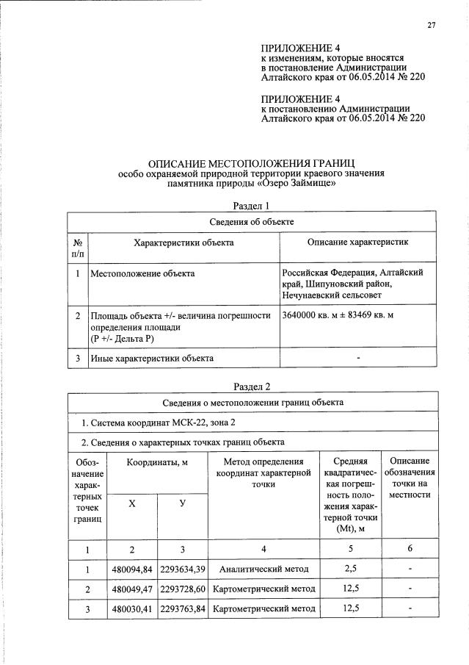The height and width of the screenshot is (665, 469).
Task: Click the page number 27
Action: (x=432, y=26)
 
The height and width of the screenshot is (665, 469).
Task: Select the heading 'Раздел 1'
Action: (x=252, y=205)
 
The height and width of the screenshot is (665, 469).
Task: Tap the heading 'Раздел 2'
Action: (x=252, y=387)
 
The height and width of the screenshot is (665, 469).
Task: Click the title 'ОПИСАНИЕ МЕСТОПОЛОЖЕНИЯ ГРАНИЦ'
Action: (x=252, y=163)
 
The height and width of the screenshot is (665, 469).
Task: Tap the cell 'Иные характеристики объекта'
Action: (x=152, y=359)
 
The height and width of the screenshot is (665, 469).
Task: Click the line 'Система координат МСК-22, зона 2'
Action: (x=159, y=423)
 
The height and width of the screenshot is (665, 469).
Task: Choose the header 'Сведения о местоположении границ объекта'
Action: (x=252, y=403)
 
